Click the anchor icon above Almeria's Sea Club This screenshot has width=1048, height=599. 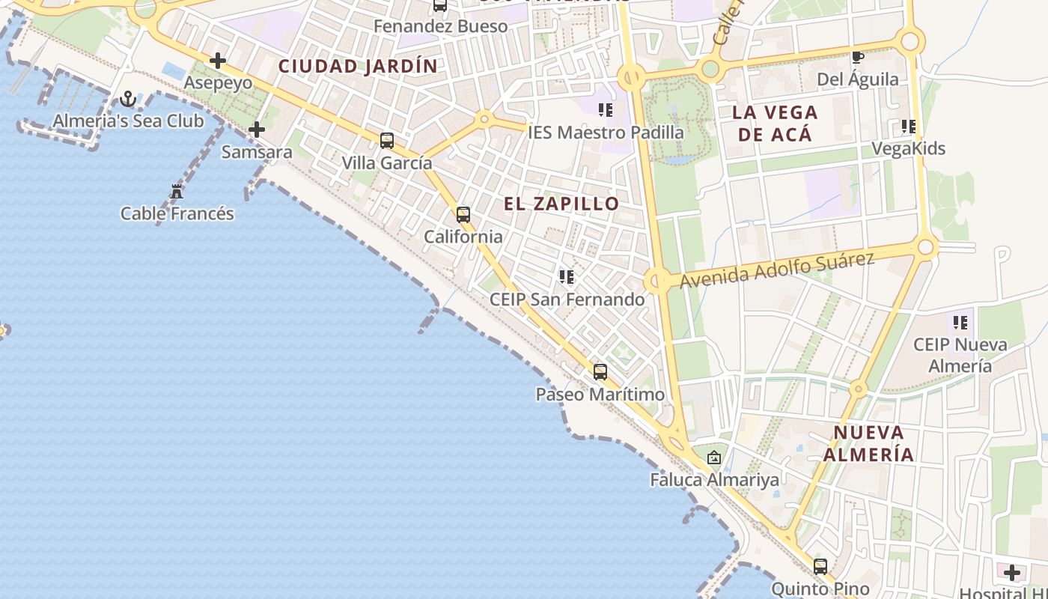coord(128,99)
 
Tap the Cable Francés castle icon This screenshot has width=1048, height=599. coord(177,192)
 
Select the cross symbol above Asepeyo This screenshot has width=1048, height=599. coord(218,61)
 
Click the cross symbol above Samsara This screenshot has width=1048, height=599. coord(257,130)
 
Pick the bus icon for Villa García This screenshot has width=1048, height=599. coord(387,140)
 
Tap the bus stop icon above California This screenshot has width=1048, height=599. coord(463,215)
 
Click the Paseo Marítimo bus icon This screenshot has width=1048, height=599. coord(600,372)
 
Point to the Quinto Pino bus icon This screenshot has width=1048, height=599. coord(820,567)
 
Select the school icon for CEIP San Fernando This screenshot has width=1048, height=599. coord(567,278)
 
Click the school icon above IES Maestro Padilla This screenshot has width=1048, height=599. coord(606,111)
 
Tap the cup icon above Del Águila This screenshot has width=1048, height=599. coord(858,57)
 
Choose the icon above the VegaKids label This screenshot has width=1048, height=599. coord(908,127)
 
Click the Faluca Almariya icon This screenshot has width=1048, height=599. coord(714,457)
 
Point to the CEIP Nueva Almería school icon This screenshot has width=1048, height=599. coord(960,323)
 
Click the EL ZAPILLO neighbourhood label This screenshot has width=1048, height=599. coord(561,204)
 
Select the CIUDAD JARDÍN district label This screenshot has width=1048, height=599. coord(358,66)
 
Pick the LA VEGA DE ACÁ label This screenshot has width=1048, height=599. coord(775,124)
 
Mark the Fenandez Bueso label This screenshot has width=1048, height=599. coord(440,27)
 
